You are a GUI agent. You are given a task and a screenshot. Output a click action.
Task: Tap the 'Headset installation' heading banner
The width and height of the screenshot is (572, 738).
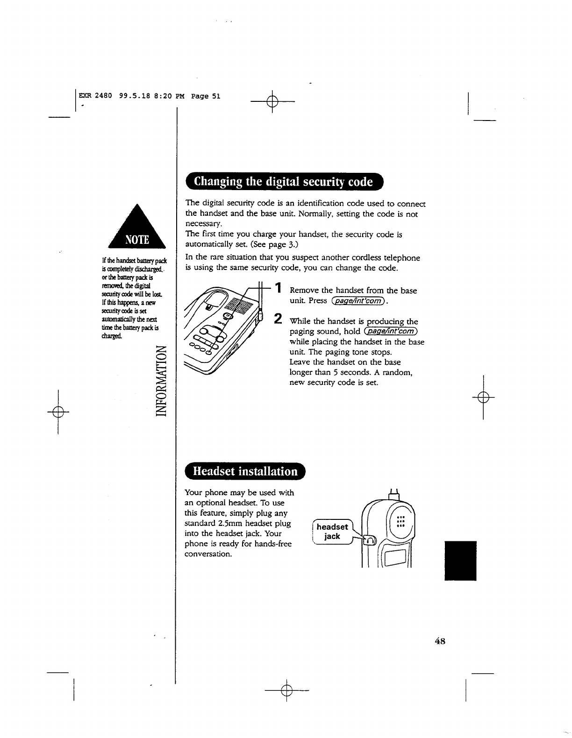(245, 471)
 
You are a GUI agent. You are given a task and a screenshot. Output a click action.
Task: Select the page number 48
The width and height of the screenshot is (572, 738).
(440, 641)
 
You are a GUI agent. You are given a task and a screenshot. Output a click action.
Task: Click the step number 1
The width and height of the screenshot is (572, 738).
(278, 289)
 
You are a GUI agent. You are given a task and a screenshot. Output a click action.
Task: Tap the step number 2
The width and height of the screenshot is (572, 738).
(278, 319)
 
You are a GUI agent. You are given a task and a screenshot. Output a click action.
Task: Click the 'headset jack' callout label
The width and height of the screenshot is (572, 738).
(332, 532)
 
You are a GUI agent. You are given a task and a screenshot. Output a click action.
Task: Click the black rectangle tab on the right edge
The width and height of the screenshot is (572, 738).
(460, 560)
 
